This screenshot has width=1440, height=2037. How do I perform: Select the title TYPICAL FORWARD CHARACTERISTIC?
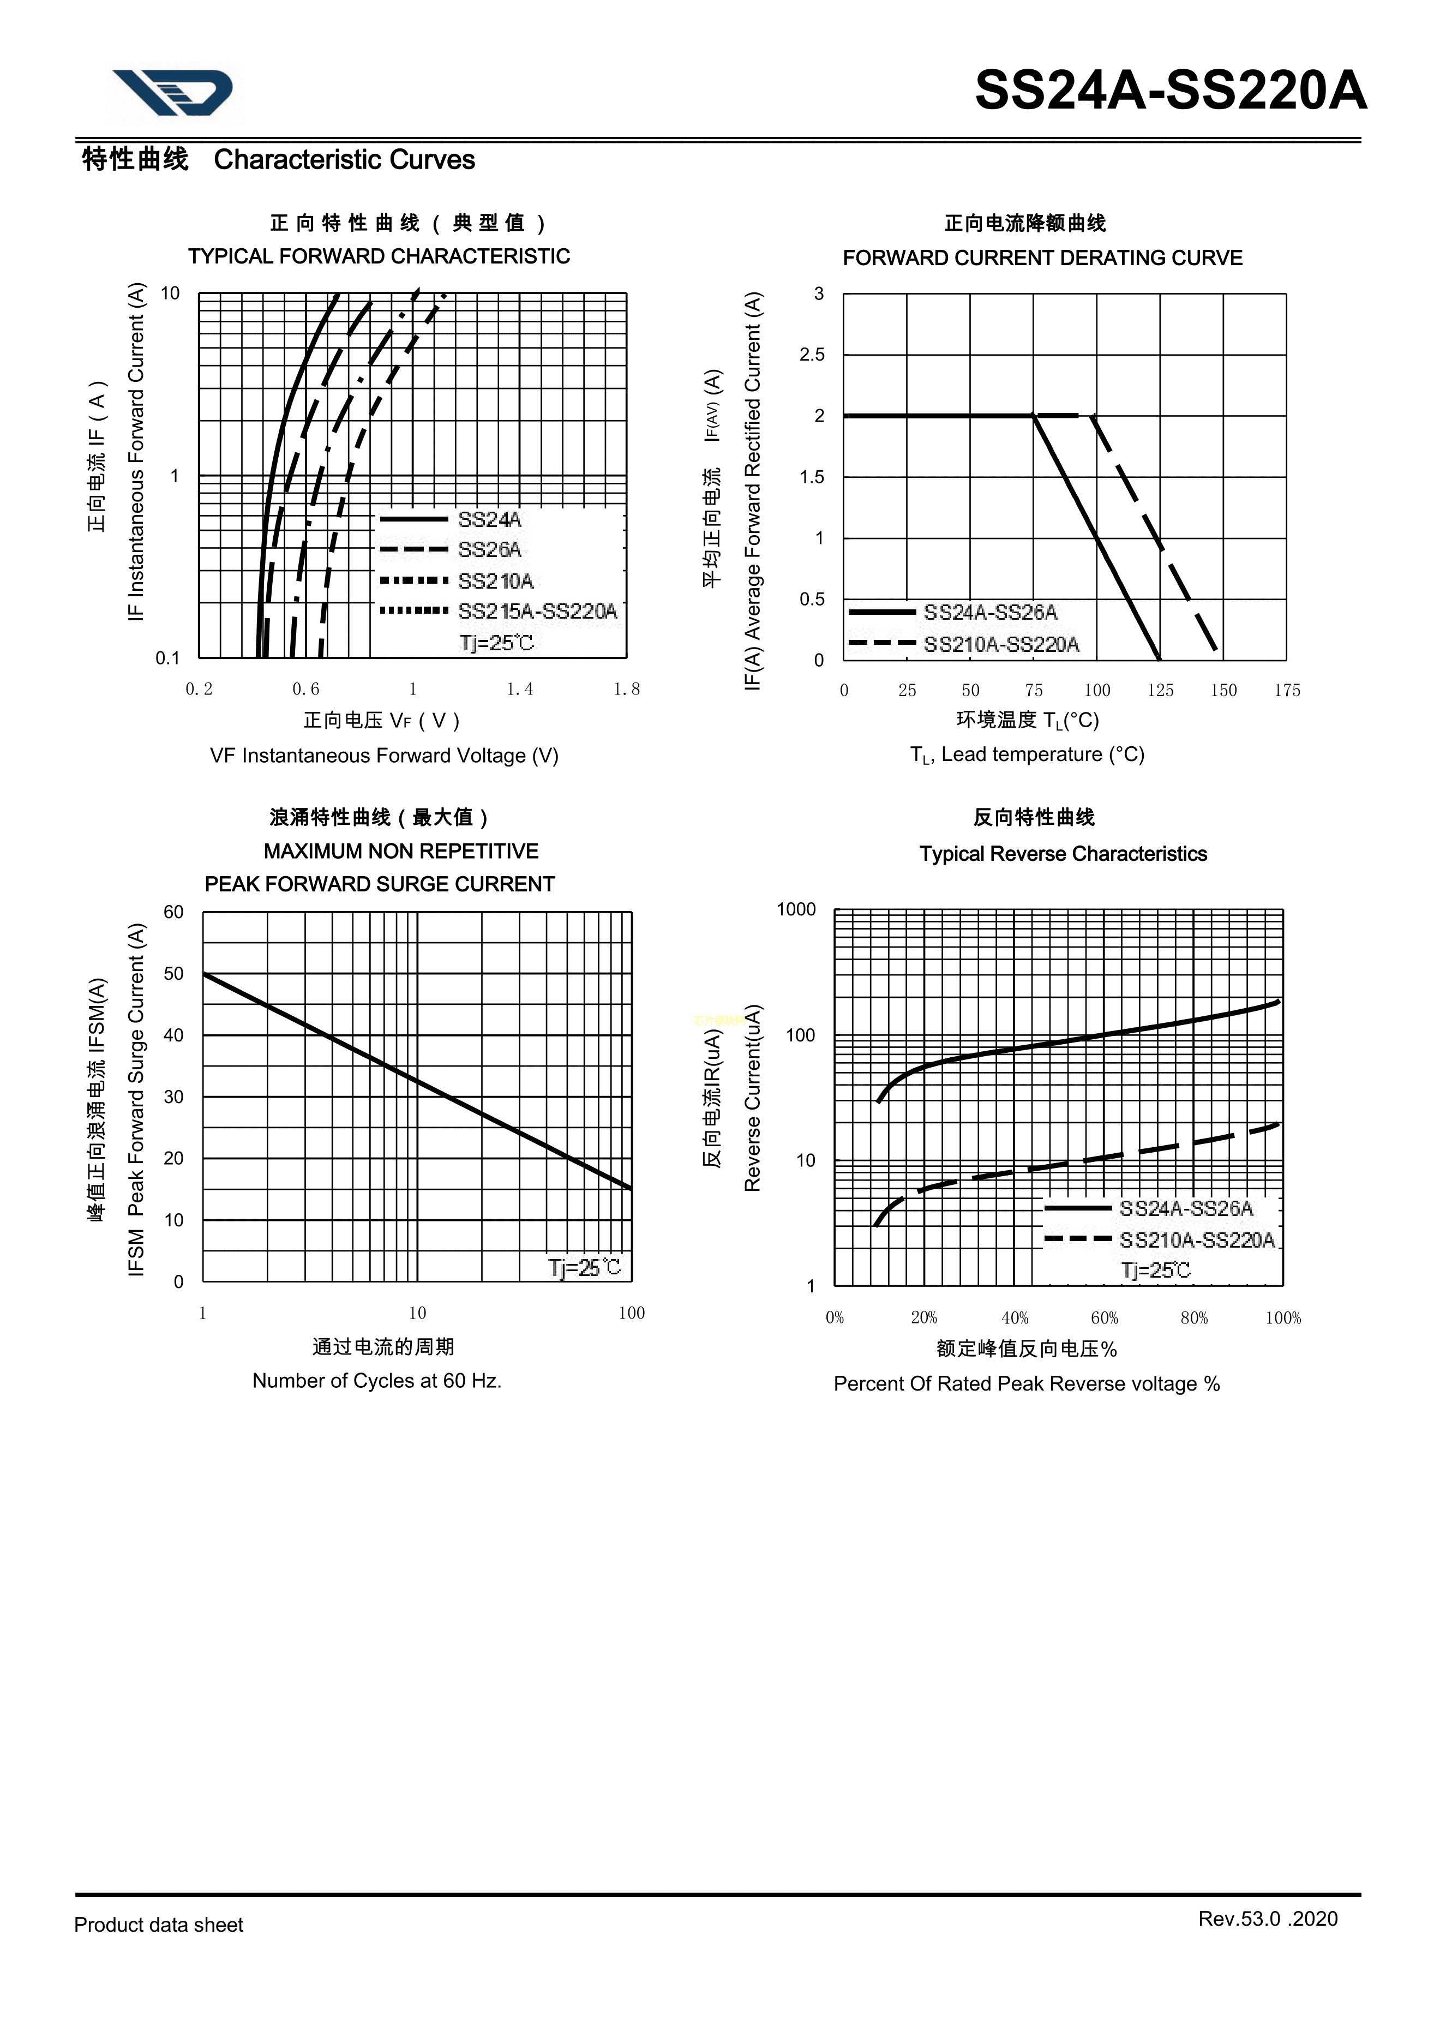(x=379, y=256)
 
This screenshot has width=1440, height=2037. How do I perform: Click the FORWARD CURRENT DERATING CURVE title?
(x=1042, y=258)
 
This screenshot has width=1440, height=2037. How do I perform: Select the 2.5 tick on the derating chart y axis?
(x=812, y=355)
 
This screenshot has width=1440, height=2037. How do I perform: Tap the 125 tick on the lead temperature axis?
(x=1160, y=690)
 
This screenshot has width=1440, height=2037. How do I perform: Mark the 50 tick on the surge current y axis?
(x=174, y=974)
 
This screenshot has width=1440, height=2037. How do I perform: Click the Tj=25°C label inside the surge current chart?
(x=585, y=1268)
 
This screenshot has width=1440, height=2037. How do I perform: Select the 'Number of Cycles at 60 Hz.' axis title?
(x=377, y=1381)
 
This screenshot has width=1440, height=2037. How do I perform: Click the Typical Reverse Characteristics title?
(x=1063, y=854)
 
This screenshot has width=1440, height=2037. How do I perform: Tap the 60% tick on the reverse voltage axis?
(x=1104, y=1317)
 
